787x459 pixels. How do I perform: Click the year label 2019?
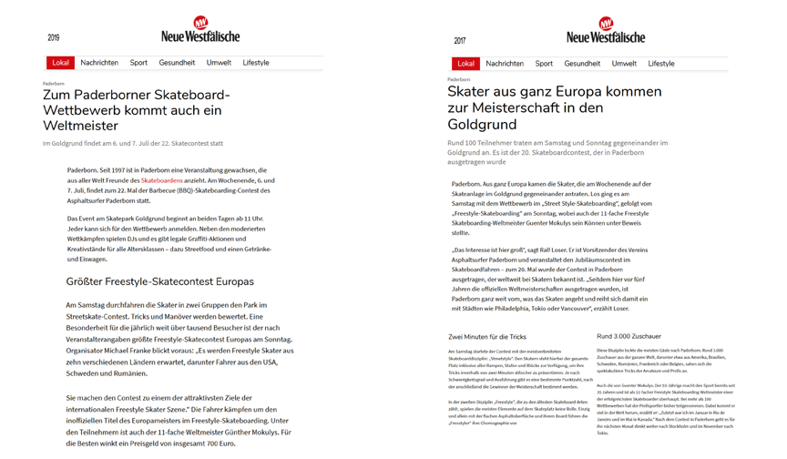coord(53,37)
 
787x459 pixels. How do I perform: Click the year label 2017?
coord(459,40)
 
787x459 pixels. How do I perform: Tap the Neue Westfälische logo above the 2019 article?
coord(200,30)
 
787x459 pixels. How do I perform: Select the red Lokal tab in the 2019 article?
coord(60,63)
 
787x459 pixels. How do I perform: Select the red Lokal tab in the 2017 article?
coord(465,64)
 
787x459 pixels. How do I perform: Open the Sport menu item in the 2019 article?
coord(138,63)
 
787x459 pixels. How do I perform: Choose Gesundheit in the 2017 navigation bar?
coord(582,64)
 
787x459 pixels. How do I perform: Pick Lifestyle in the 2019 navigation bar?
coord(256,63)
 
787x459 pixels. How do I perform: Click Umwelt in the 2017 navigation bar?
coord(624,64)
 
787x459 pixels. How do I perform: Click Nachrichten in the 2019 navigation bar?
coord(99,63)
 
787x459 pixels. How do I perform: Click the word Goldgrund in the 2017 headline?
coord(483,125)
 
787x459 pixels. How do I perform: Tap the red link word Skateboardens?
coord(161,181)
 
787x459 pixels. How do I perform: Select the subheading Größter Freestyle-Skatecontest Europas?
coord(159,281)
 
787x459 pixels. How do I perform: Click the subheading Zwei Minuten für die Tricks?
coord(487,337)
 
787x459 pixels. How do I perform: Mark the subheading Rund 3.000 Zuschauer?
coord(629,337)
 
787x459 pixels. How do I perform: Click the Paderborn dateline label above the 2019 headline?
coord(53,84)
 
